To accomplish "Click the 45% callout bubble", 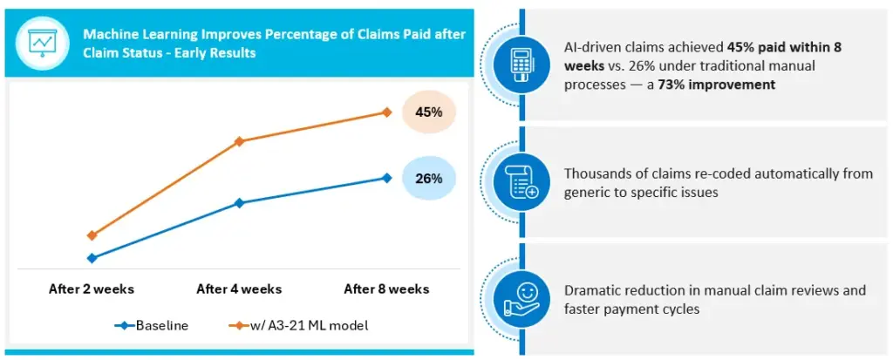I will click(428, 112).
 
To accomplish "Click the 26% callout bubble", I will click(428, 178).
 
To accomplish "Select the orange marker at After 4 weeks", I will click(239, 140).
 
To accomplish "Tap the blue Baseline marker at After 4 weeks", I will click(239, 203).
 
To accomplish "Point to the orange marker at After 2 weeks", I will click(92, 235).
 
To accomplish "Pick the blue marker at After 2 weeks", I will click(92, 258).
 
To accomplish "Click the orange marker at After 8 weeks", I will click(386, 112).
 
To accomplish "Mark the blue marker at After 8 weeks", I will click(386, 178).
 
